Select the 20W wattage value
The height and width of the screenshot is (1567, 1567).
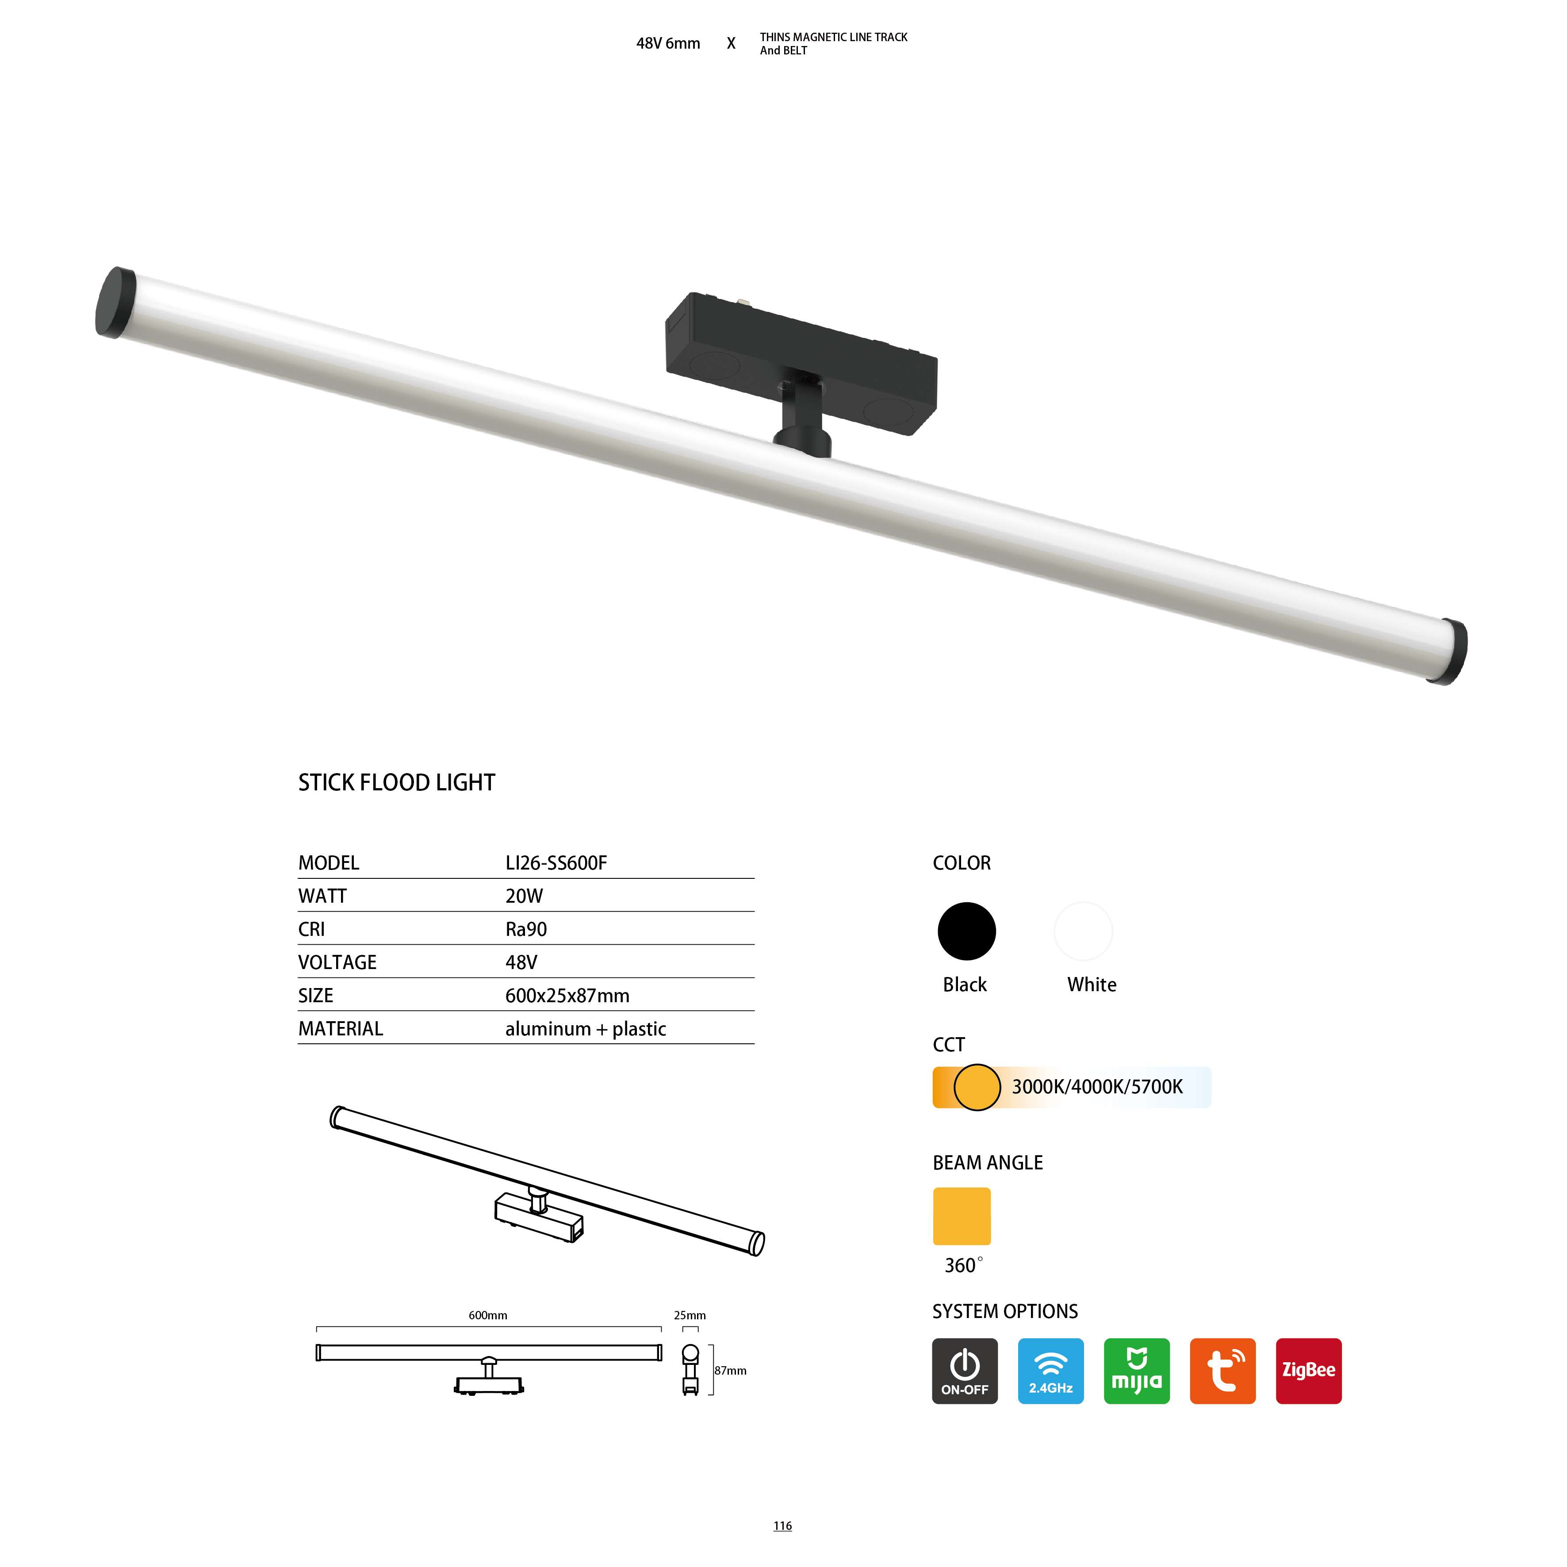[524, 896]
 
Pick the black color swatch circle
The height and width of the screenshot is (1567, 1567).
[967, 931]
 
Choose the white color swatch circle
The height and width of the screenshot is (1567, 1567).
[1084, 931]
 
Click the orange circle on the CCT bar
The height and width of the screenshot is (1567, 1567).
[977, 1087]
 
